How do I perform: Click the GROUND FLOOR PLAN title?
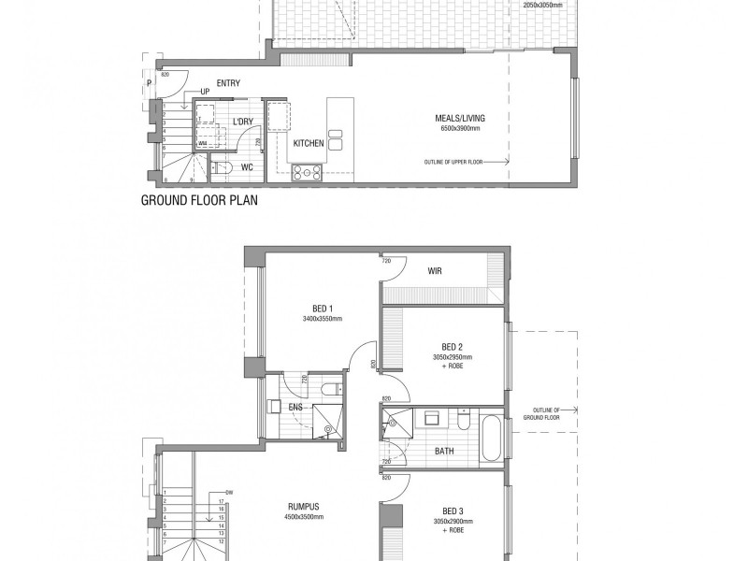click(198, 200)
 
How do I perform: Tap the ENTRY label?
click(228, 84)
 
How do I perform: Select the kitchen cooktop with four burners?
click(308, 171)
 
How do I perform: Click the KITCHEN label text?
click(308, 144)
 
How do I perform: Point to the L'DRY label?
click(242, 122)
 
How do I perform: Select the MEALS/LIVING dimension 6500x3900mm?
click(460, 127)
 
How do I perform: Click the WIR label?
click(434, 271)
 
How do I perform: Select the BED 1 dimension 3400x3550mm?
click(322, 319)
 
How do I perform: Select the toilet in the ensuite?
click(329, 390)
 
